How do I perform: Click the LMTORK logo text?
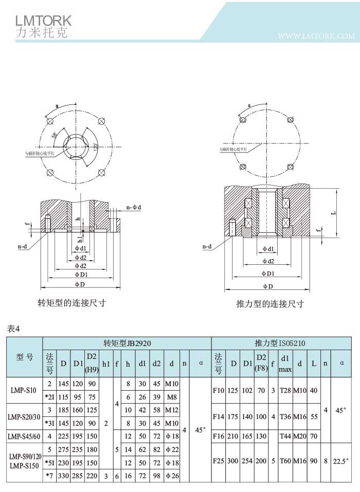[43, 21]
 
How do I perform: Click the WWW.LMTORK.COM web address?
[316, 37]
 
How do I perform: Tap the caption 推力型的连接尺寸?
[270, 304]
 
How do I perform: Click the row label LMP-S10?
[24, 390]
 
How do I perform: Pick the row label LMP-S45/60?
[24, 436]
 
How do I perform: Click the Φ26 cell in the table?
[171, 476]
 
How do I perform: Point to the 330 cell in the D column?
[63, 476]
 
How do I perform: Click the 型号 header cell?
[24, 358]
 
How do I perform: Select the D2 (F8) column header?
[261, 363]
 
